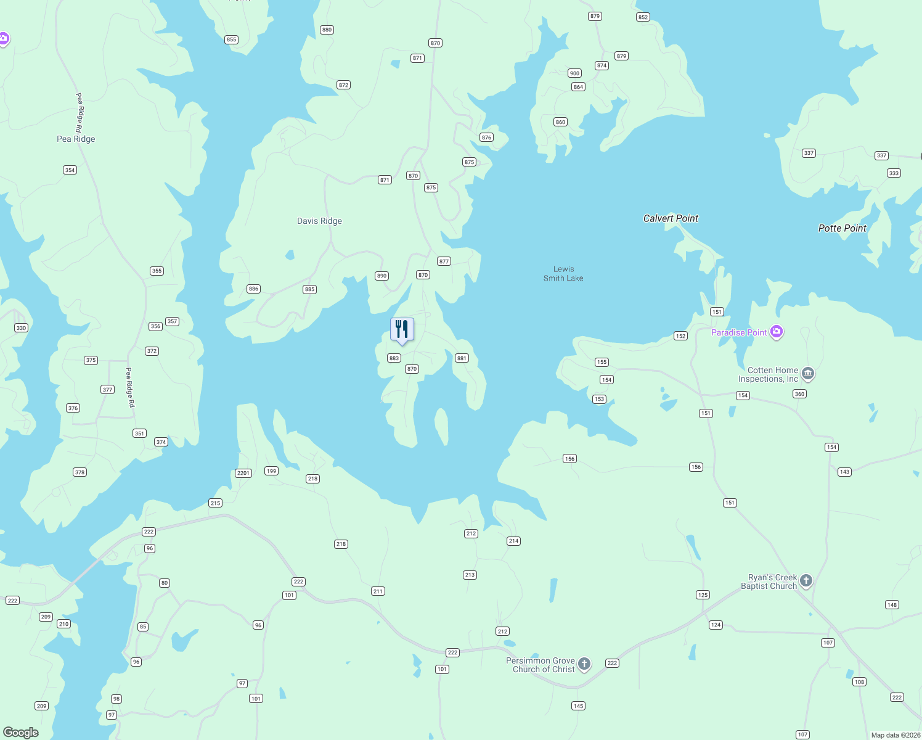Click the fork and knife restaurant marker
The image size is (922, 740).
pos(402,329)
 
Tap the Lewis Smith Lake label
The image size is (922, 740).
pos(563,274)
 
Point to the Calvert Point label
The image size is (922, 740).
pos(671,218)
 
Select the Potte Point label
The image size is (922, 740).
pos(842,228)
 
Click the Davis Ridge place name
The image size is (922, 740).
pos(319,221)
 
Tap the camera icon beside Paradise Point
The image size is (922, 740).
pos(777,332)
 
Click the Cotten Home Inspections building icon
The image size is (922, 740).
pos(808,373)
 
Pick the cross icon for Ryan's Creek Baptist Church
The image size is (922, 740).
pos(806,581)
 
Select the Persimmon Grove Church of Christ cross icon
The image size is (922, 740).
pos(584,664)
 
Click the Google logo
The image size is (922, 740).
pos(21,733)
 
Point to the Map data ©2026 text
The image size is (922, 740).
pos(895,735)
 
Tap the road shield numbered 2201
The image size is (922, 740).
pos(243,473)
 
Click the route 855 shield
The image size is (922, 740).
pos(231,39)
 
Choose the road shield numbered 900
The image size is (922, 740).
pos(574,73)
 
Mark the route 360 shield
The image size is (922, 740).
pos(799,394)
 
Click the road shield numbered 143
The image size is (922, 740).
pos(844,472)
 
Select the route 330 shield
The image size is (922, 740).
pos(22,328)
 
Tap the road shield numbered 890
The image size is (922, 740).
pos(381,276)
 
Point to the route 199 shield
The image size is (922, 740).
pos(271,471)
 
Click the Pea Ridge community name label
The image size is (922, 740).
pos(76,139)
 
